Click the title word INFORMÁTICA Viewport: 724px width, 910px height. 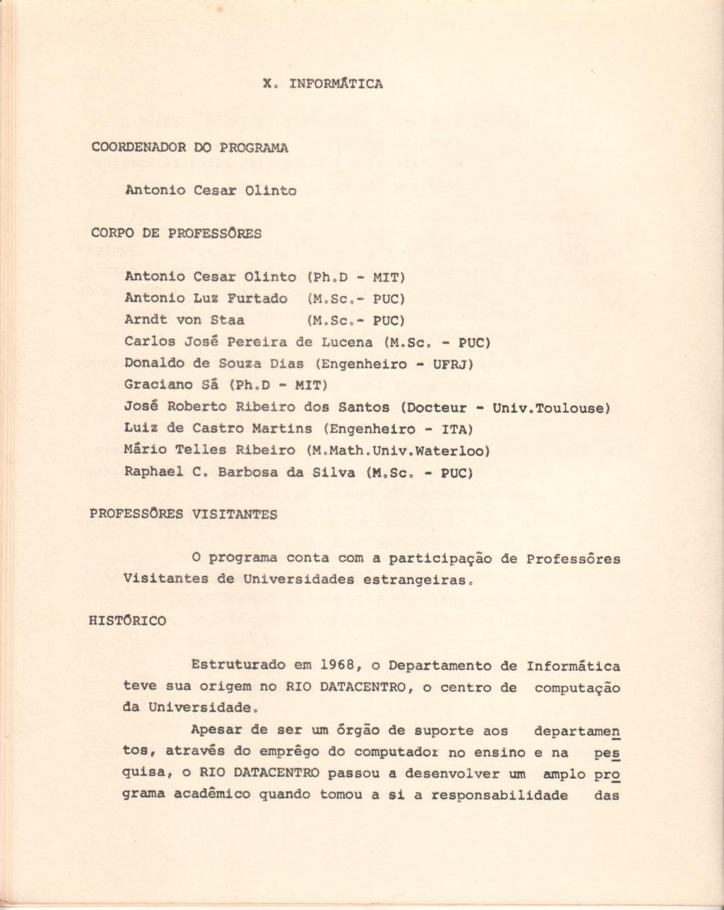coord(336,84)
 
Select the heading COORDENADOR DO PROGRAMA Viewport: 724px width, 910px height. coord(189,147)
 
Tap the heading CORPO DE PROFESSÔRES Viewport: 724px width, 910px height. coord(177,233)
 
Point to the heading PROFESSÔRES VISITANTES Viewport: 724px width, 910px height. coord(184,514)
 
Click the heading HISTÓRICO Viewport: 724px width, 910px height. coord(128,621)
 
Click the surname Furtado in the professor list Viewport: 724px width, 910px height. coord(257,299)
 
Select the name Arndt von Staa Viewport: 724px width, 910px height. coord(184,321)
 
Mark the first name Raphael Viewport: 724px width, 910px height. coord(154,473)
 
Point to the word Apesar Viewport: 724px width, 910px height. coord(215,731)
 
